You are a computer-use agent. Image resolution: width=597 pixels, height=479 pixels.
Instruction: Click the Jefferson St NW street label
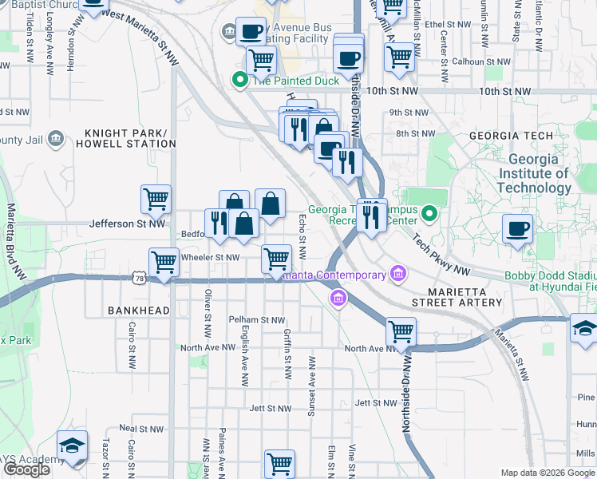click(128, 224)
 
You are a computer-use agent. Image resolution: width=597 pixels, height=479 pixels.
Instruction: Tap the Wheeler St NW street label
click(211, 257)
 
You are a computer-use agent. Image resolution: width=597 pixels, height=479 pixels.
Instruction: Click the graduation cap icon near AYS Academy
click(72, 447)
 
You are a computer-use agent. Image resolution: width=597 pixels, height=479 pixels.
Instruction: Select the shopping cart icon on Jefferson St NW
click(156, 200)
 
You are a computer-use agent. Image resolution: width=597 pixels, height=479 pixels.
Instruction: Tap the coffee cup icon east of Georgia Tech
click(517, 228)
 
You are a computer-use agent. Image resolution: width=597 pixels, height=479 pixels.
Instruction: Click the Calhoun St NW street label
click(480, 61)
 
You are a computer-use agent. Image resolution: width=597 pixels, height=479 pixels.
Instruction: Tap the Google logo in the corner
click(26, 469)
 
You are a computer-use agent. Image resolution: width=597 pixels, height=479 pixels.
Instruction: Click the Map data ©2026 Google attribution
click(548, 473)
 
